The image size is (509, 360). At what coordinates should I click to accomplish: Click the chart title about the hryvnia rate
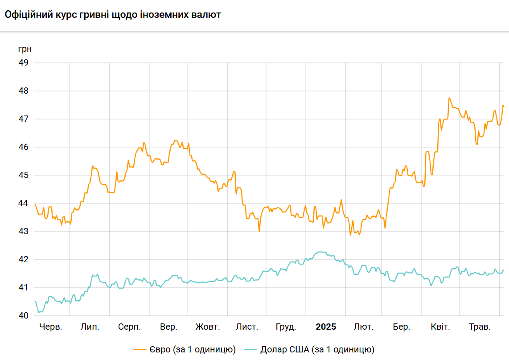[x=113, y=15]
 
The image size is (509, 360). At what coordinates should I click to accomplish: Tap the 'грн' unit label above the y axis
[x=25, y=48]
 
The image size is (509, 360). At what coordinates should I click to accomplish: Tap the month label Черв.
[x=51, y=327]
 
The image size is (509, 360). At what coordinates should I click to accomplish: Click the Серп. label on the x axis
[x=130, y=327]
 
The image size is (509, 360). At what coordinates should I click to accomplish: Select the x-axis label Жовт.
[x=208, y=327]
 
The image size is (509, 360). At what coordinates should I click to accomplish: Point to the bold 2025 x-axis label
[x=326, y=327]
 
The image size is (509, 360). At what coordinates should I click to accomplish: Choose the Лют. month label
[x=364, y=327]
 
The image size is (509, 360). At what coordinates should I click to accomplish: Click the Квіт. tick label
[x=440, y=327]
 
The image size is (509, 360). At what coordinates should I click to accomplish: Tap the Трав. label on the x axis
[x=480, y=327]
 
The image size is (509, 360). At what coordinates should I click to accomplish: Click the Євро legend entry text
[x=193, y=349]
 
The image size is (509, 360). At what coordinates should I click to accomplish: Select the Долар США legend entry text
[x=317, y=349]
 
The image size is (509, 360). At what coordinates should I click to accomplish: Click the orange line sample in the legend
[x=140, y=349]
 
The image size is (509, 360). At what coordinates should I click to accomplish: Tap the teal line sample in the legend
[x=252, y=349]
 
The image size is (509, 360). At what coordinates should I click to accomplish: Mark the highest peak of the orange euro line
[x=449, y=98]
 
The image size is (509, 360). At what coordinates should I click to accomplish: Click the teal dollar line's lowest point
[x=39, y=312]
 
